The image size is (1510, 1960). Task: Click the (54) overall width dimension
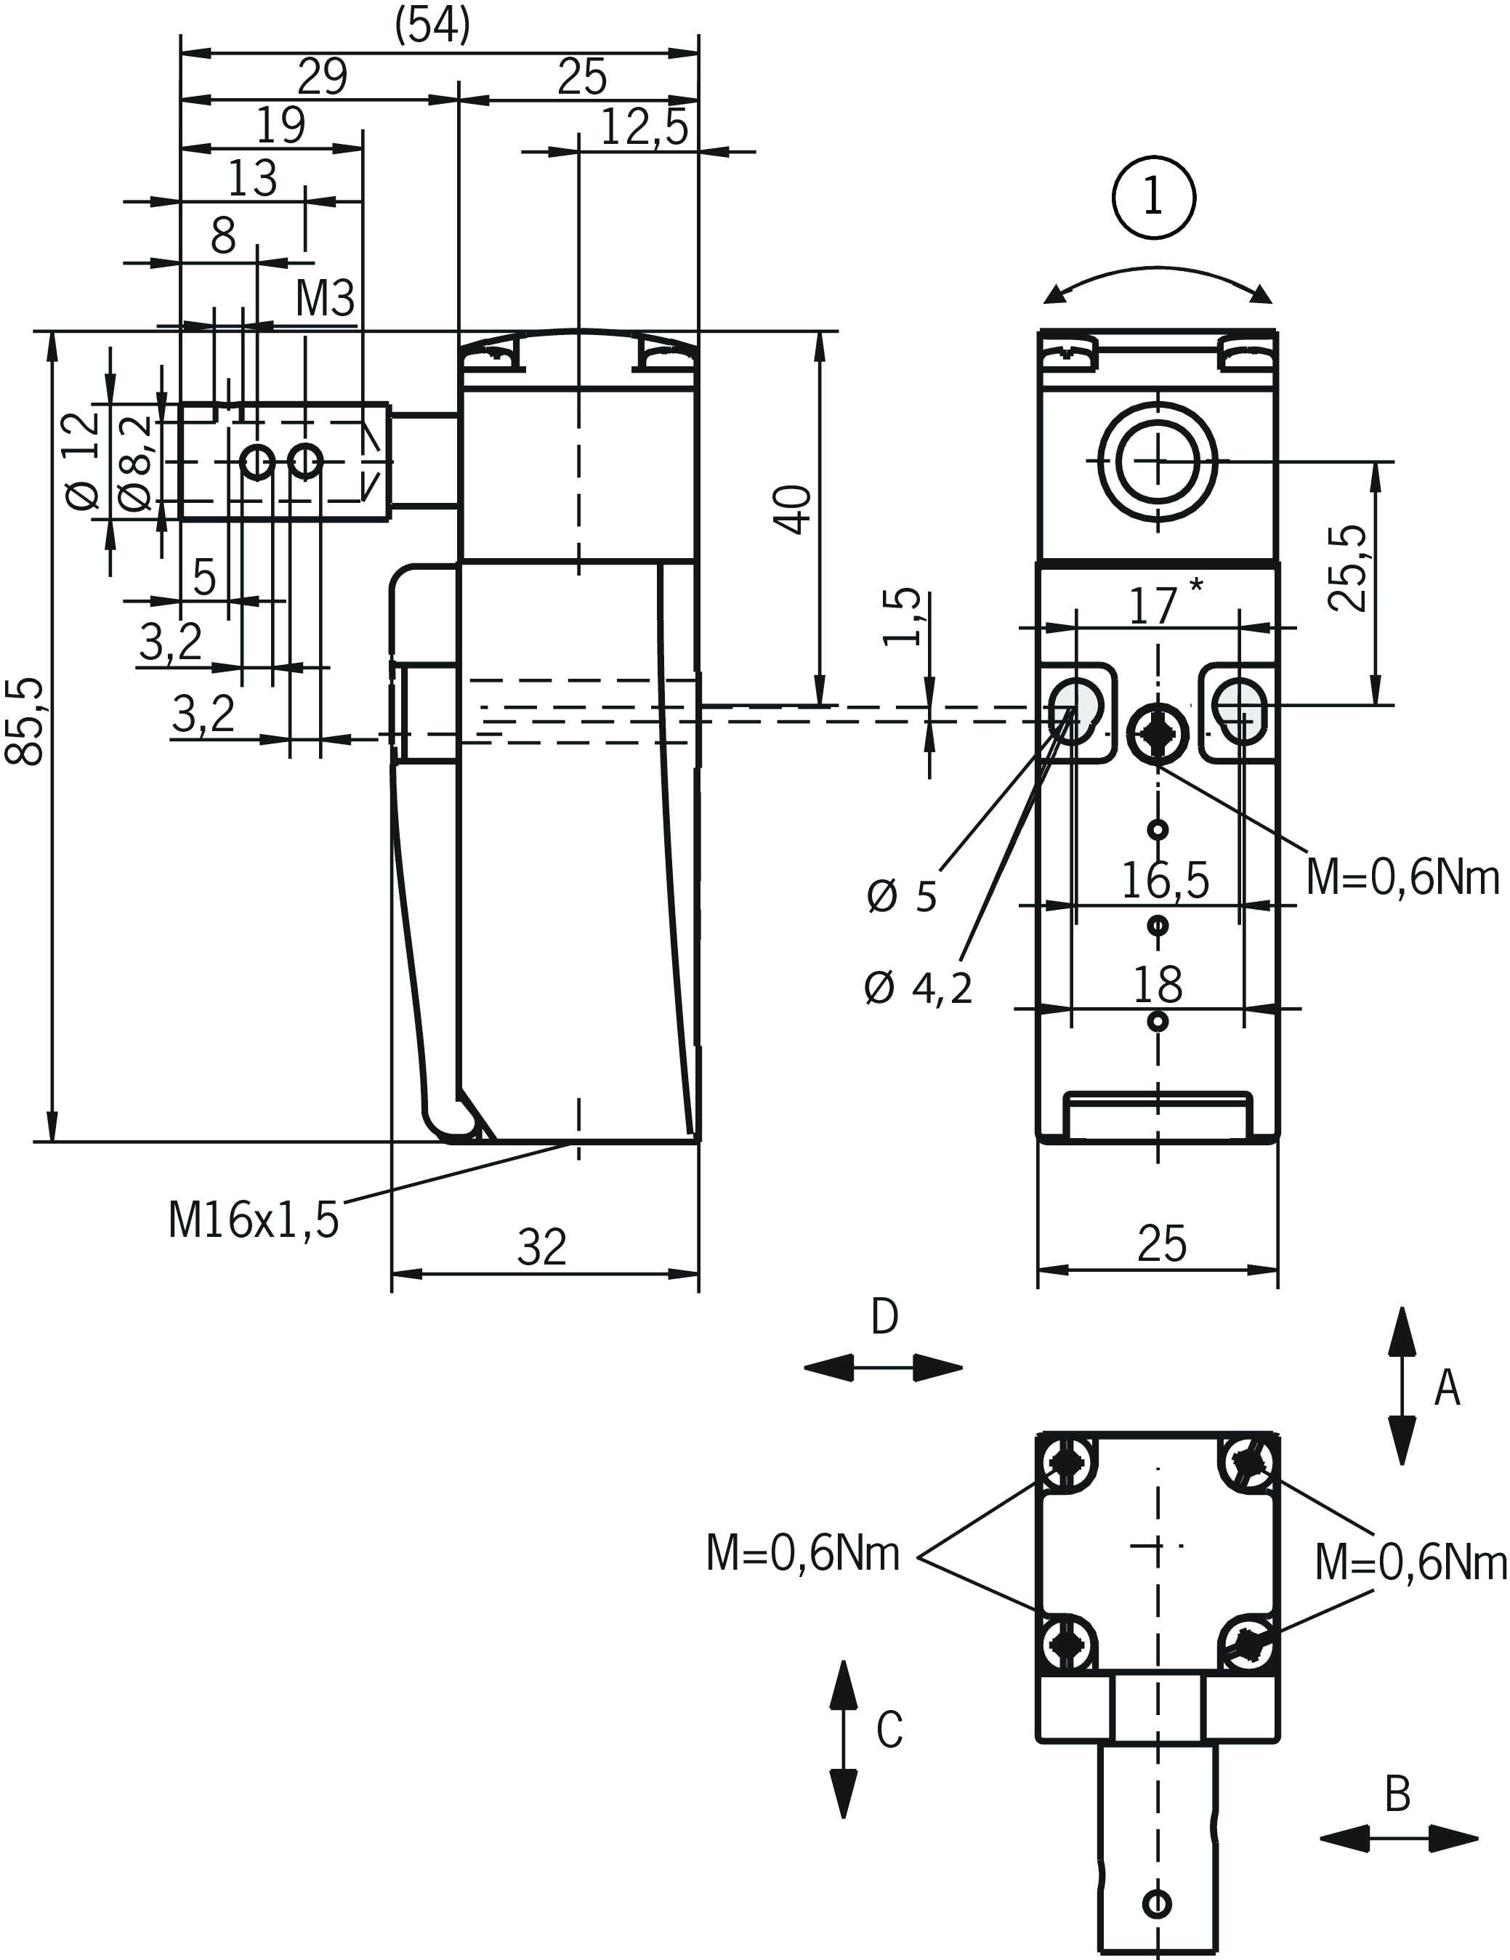(x=432, y=26)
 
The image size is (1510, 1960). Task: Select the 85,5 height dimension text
(x=26, y=722)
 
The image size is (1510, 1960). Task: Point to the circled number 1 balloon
(x=1154, y=198)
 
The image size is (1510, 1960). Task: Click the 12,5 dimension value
(x=643, y=127)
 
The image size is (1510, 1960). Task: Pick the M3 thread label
(x=325, y=299)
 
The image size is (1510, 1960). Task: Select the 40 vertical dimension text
(x=794, y=509)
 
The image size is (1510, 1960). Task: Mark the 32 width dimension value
(x=542, y=1247)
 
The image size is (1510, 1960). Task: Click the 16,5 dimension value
(x=1166, y=882)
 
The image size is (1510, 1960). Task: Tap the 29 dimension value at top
(x=322, y=77)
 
